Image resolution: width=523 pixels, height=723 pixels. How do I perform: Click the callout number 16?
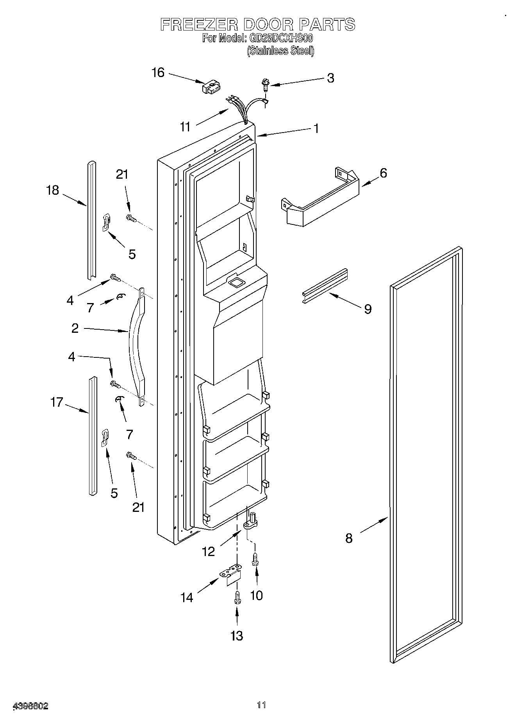tap(158, 73)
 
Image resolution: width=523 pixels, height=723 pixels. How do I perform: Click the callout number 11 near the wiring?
tap(185, 127)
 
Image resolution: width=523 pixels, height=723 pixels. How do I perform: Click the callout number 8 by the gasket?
tap(349, 538)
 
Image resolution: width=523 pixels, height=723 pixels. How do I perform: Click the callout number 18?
tap(52, 190)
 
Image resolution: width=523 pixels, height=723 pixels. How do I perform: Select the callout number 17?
tap(57, 402)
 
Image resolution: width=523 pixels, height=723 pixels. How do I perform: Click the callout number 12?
tap(208, 551)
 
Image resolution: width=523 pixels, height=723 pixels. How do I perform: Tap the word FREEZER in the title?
tap(199, 25)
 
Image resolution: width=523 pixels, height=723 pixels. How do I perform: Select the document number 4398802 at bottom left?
tap(31, 706)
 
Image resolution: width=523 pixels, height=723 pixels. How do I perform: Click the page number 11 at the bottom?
tap(261, 705)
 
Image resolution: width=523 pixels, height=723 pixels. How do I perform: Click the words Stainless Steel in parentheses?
tap(280, 51)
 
